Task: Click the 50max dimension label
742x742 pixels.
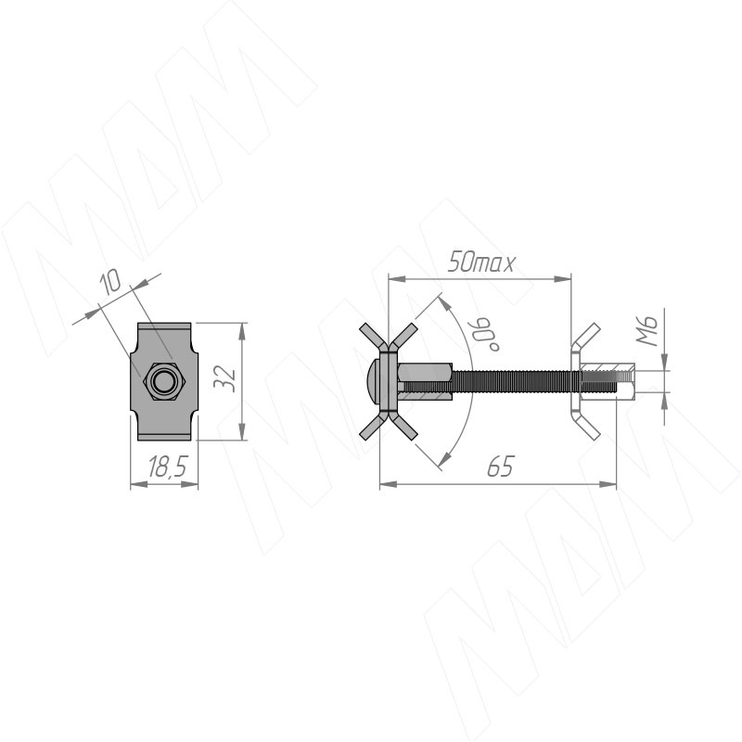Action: point(480,262)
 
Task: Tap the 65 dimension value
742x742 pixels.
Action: point(500,467)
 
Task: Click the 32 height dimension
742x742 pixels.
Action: point(224,377)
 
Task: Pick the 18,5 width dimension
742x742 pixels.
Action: point(168,467)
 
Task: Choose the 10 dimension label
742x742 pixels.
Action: point(109,283)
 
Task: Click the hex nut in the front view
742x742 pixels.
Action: point(164,381)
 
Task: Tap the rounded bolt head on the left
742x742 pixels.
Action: point(375,381)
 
